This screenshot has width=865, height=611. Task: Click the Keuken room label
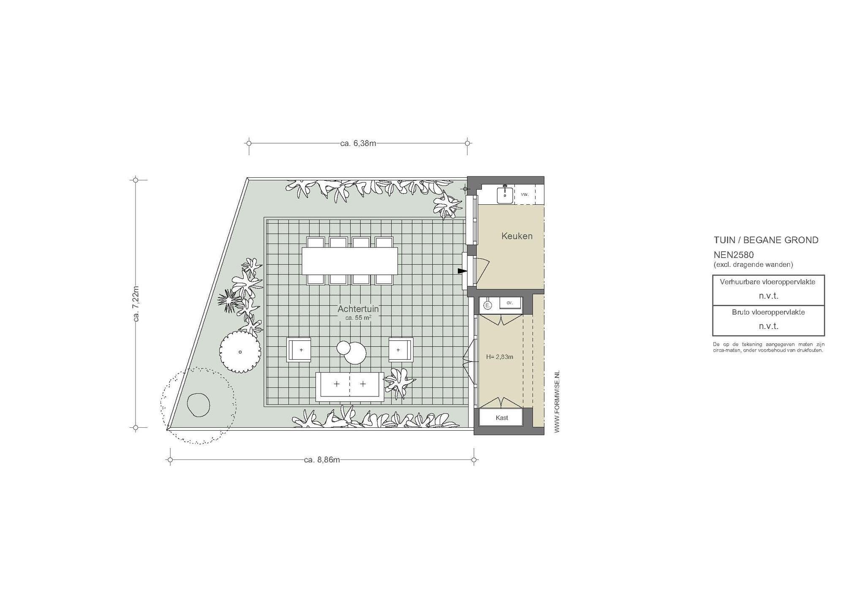click(517, 236)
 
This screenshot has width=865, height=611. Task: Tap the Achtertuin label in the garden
click(358, 309)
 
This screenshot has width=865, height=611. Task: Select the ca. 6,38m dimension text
click(358, 143)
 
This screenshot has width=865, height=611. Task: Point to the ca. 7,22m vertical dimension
click(136, 304)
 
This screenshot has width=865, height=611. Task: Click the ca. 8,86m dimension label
click(322, 459)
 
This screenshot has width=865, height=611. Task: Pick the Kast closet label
click(502, 418)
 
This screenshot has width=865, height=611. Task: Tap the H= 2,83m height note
click(500, 357)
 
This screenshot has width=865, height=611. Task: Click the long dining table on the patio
click(350, 261)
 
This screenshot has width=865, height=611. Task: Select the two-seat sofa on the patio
click(350, 387)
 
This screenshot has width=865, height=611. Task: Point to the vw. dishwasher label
click(525, 194)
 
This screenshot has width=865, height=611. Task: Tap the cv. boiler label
click(509, 303)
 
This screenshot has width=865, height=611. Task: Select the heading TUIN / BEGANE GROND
click(766, 240)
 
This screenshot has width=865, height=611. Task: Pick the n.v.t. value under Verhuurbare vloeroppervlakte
click(768, 296)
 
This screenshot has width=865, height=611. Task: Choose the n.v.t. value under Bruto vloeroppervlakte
click(768, 326)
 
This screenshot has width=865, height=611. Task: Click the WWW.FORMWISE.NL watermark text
click(557, 402)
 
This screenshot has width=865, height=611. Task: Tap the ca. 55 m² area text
click(358, 318)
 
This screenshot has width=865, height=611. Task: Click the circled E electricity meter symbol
click(487, 305)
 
